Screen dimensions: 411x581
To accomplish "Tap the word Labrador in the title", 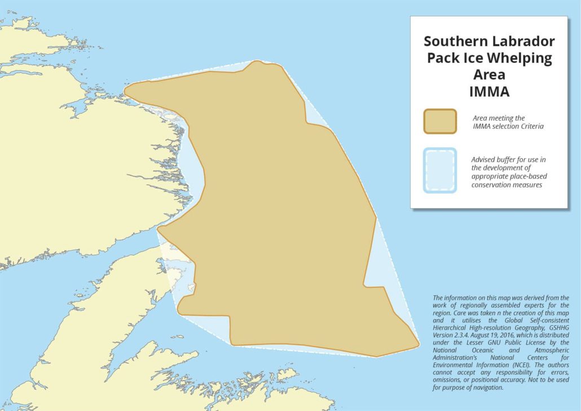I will point(524,41).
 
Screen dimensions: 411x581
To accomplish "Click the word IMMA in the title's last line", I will point(489,92).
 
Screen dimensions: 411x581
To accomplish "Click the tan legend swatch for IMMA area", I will point(440,121).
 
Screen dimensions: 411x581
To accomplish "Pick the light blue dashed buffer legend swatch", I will point(440,170).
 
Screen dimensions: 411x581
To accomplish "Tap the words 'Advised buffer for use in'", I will point(508,159).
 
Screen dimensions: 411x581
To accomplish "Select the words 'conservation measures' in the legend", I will point(507,185).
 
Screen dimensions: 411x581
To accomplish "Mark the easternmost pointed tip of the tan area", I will point(417,343).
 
